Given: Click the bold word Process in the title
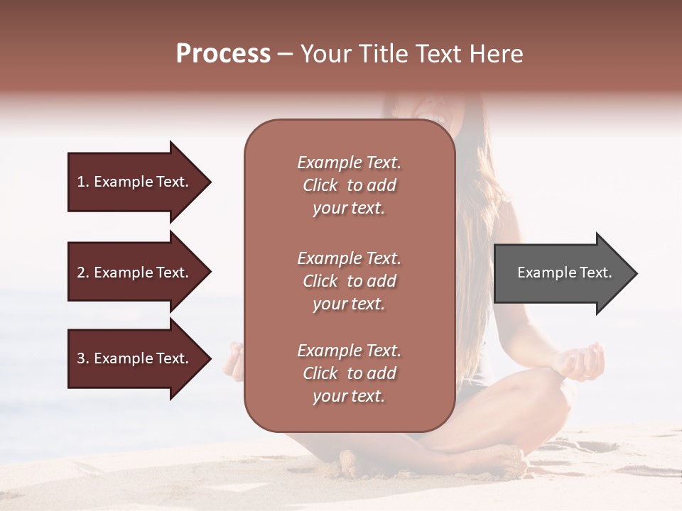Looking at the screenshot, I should point(223,54).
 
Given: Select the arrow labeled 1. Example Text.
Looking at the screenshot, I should point(135,182).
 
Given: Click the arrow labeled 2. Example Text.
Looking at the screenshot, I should point(135,273).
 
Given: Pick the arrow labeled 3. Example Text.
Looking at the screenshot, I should point(135,358).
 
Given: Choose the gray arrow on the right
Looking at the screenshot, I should point(561,273).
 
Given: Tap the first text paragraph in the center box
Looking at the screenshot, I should point(349,185).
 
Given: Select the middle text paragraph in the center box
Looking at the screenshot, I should point(349,281).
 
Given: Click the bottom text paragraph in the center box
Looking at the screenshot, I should point(349,373).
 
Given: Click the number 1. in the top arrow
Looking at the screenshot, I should point(83,182).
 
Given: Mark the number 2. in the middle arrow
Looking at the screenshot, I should point(83,273).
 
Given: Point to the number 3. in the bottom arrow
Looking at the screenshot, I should point(83,358).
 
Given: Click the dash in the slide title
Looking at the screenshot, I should point(286,54).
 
